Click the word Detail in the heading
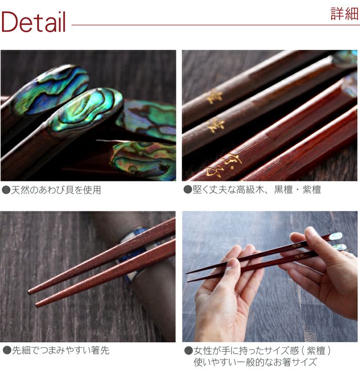click(x=34, y=23)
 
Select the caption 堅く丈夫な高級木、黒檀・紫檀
click(x=256, y=190)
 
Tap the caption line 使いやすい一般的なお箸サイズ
click(x=255, y=362)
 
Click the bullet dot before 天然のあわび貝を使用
click(x=6, y=190)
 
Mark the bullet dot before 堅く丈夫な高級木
click(x=188, y=190)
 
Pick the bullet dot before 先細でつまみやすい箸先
click(x=6, y=350)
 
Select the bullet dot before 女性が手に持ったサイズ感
click(x=188, y=350)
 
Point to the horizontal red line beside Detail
click(x=201, y=25)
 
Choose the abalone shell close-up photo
click(x=88, y=115)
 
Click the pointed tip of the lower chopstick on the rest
click(x=37, y=305)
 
